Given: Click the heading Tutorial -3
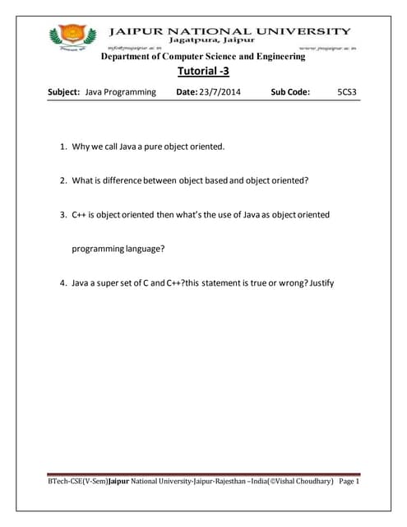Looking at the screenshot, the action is click(x=202, y=72).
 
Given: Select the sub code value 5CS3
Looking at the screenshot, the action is click(x=348, y=92).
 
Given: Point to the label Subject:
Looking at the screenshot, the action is click(x=65, y=92).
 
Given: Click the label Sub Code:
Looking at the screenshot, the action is click(x=289, y=92).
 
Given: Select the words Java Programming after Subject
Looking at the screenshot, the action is click(x=120, y=92).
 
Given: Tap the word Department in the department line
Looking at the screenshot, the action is click(x=130, y=56).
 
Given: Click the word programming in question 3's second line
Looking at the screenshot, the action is click(x=98, y=248).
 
